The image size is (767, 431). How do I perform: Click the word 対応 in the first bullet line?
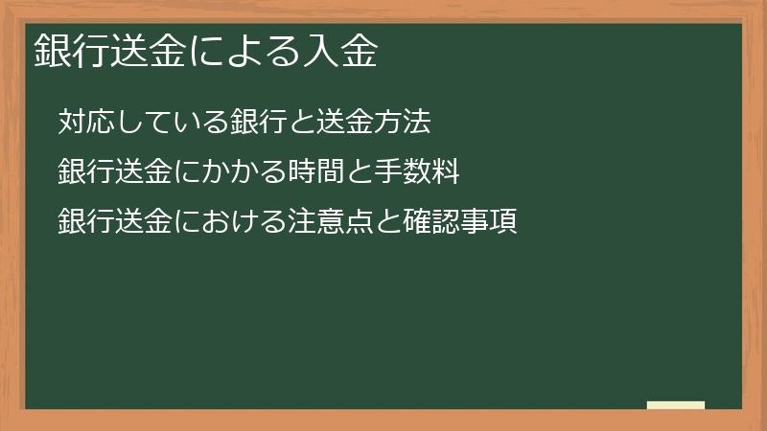tap(81, 122)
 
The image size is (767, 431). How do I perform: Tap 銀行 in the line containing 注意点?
tap(81, 223)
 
